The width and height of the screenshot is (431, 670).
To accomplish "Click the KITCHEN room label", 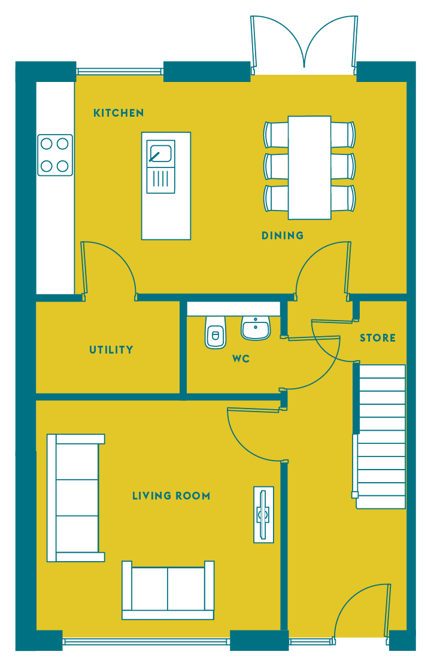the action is point(119,113).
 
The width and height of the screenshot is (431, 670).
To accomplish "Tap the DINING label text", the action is point(283,236).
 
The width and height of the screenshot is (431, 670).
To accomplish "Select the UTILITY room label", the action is point(111,349).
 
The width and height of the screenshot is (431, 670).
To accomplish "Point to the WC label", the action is point(241,358).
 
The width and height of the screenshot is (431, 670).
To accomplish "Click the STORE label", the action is point(378,338).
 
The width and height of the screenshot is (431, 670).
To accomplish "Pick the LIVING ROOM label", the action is point(171,496).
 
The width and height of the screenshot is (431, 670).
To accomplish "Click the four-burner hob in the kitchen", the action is point(54,155).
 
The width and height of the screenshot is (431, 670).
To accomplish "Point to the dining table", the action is point(309,167).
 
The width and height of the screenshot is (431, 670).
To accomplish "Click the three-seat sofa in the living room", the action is point(75,498).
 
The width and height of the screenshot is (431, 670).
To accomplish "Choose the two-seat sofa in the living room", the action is point(168,590).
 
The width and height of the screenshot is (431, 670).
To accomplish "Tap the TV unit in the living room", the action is point(263,514).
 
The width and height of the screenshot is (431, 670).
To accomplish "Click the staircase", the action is point(381,436).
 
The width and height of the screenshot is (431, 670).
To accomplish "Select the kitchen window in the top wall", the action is point(120,71).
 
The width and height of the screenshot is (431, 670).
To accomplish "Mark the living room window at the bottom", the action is point(146,641).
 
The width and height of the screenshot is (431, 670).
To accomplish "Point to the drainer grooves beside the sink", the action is point(161,180).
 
